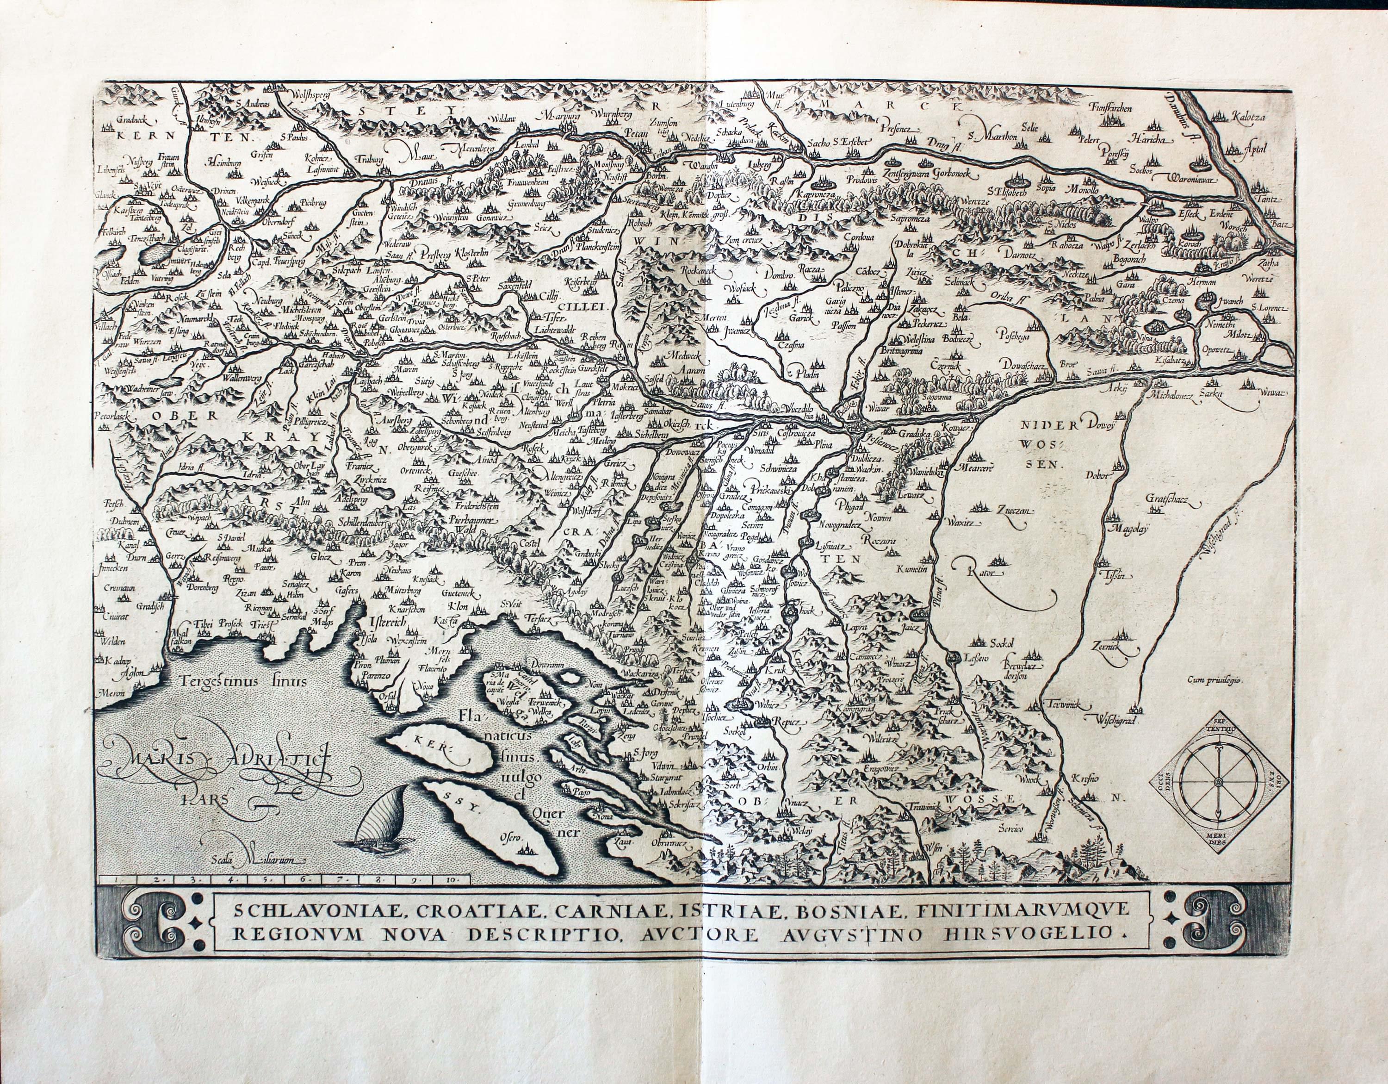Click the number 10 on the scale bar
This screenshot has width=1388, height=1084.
pyautogui.click(x=452, y=880)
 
